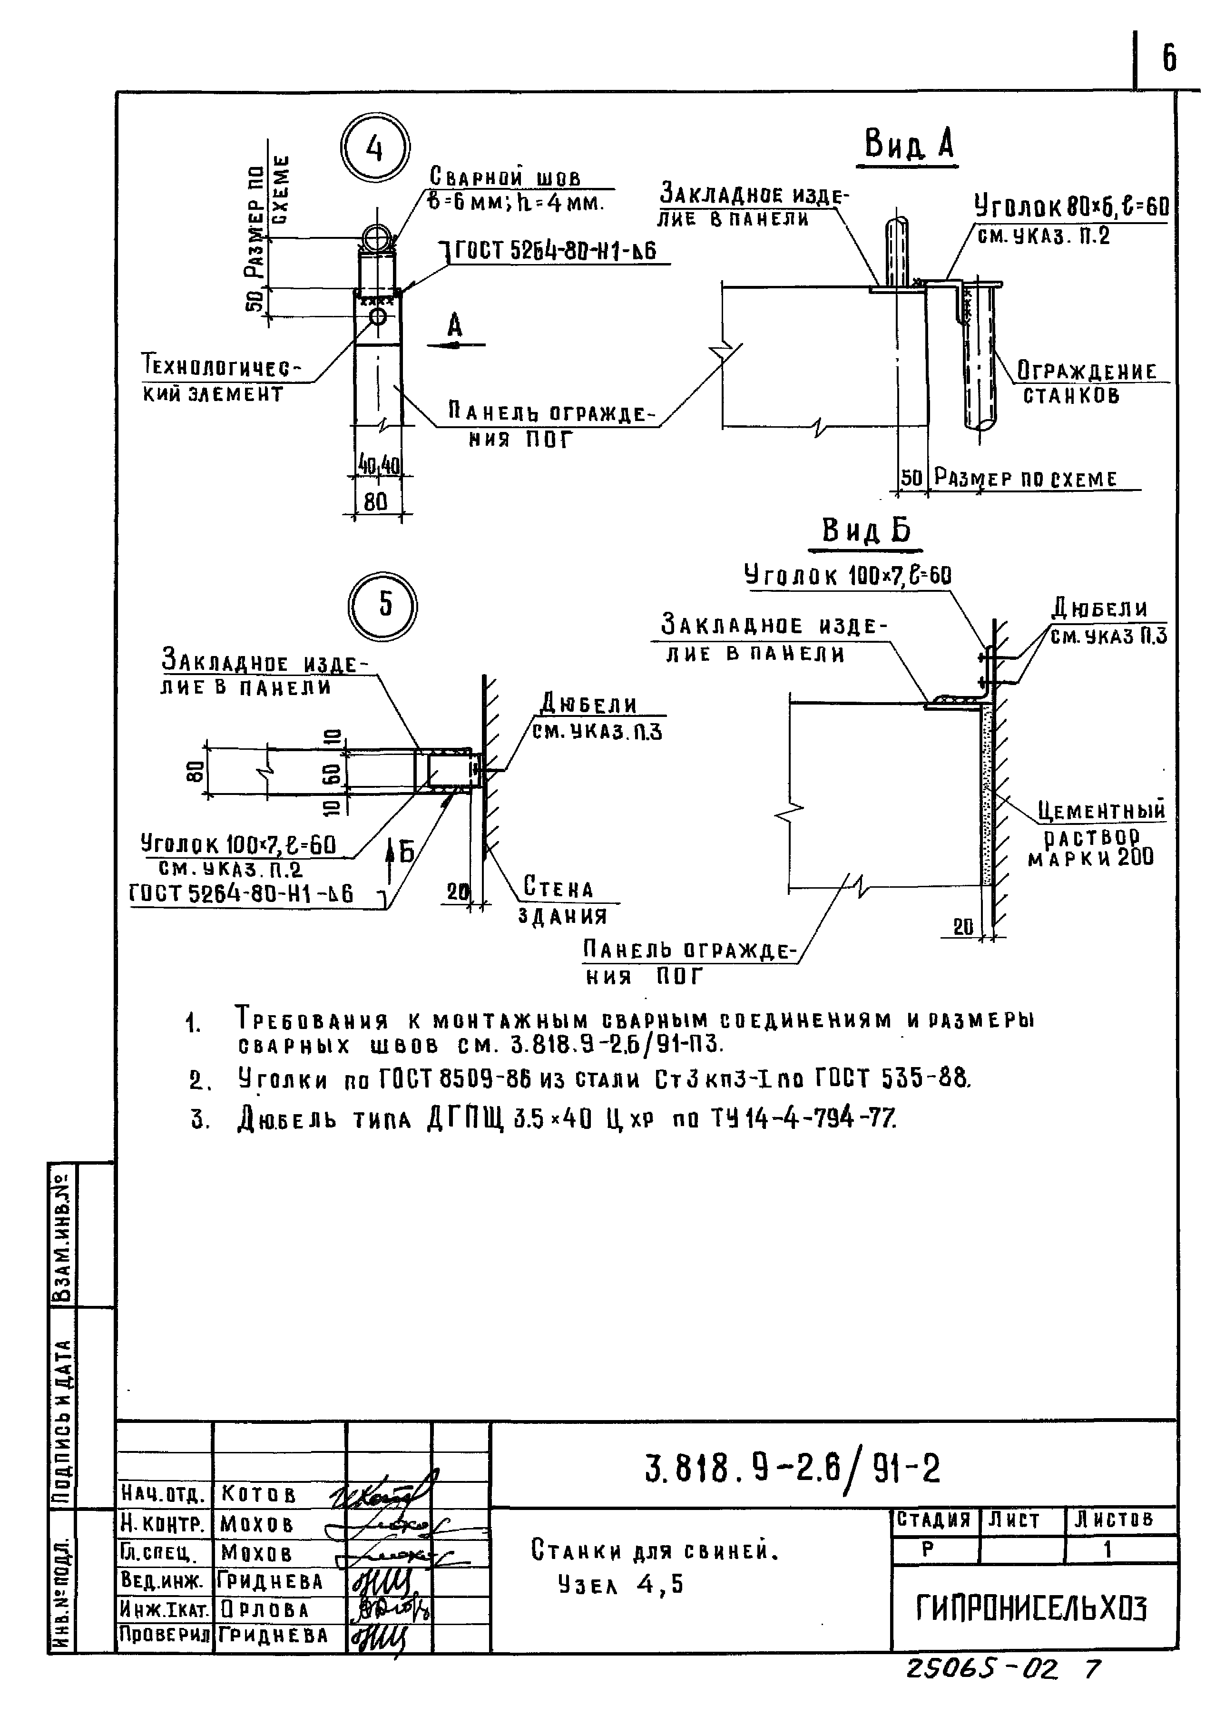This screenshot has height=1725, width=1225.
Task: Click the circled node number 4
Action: [x=375, y=149]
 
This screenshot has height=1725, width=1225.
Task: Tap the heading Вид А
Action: [x=909, y=143]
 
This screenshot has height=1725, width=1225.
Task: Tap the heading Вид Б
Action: [x=866, y=531]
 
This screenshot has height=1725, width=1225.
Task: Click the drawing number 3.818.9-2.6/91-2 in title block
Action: [x=792, y=1468]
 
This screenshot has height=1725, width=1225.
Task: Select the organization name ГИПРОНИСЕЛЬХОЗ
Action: [x=1031, y=1609]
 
